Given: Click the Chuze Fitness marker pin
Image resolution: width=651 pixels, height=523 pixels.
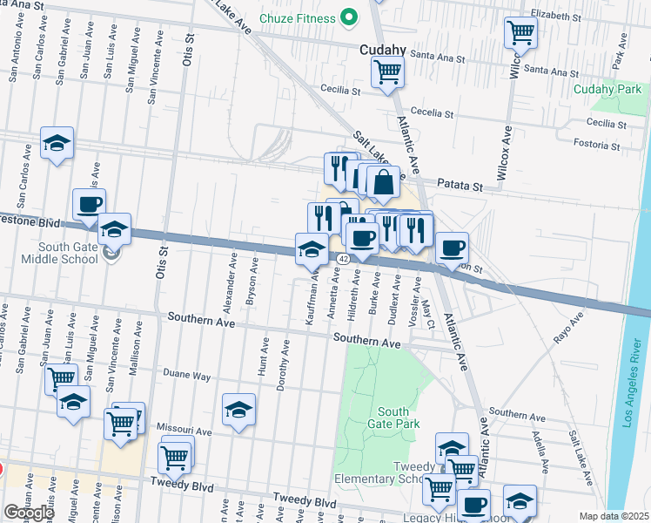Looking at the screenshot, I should [349, 17].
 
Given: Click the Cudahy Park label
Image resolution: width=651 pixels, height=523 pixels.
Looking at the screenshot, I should [607, 89].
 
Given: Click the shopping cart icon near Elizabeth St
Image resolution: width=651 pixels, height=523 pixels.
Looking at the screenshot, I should [520, 33].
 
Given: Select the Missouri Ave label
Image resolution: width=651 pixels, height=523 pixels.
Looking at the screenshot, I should [185, 431].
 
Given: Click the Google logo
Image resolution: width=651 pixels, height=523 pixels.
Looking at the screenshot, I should [29, 513].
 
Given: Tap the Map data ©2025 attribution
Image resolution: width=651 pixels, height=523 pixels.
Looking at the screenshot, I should [614, 516].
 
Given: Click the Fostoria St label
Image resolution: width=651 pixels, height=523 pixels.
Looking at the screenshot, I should [604, 144].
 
